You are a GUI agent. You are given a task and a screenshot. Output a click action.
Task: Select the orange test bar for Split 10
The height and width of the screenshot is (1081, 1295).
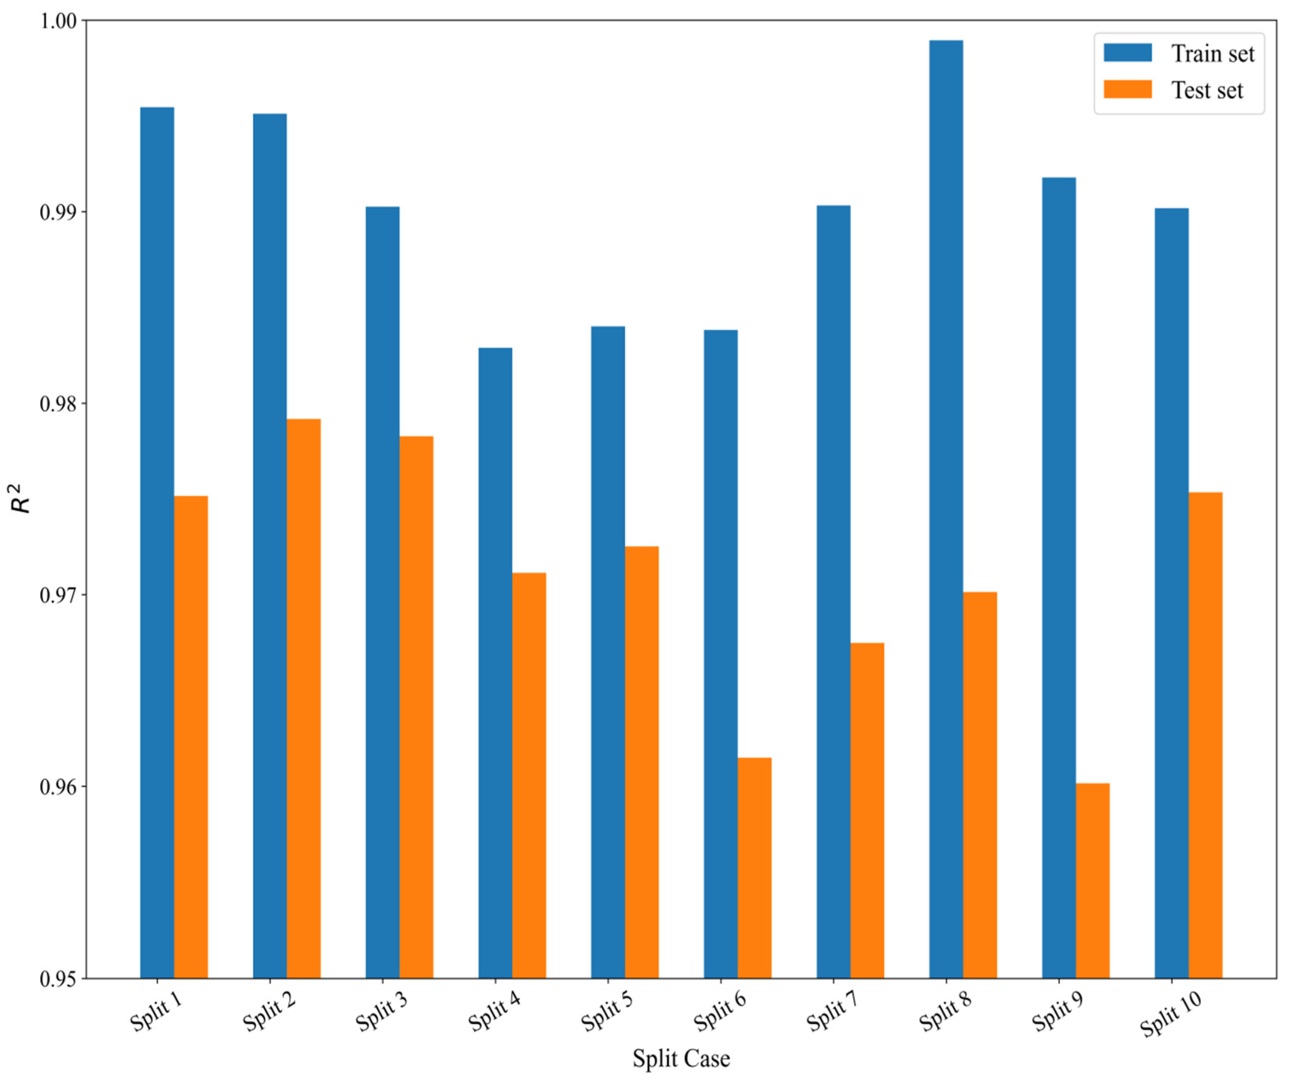1205,734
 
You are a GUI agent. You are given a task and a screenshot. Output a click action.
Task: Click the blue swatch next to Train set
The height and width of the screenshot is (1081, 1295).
1127,53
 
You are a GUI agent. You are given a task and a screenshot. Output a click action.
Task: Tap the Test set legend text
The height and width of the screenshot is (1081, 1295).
1207,91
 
